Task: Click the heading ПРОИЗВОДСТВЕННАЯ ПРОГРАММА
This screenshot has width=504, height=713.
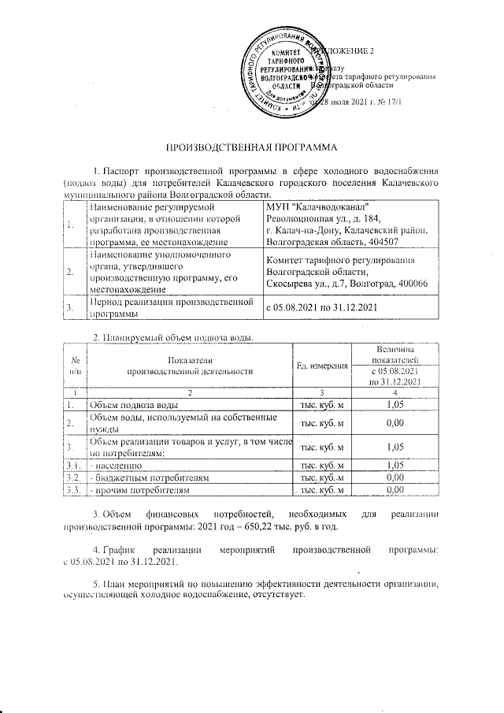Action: [x=250, y=147]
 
